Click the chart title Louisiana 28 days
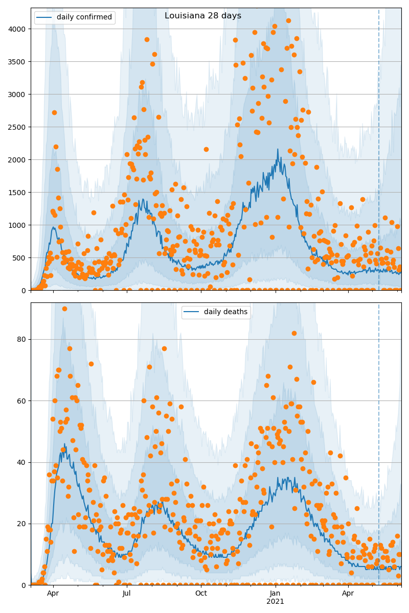203,16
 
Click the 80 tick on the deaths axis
21,339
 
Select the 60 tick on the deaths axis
21,401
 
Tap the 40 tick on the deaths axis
21,462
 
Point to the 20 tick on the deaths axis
21,524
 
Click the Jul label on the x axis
127,594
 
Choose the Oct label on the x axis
201,594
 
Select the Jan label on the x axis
276,594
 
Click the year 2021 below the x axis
276,602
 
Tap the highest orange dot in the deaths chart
64,309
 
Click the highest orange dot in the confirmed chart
288,21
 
